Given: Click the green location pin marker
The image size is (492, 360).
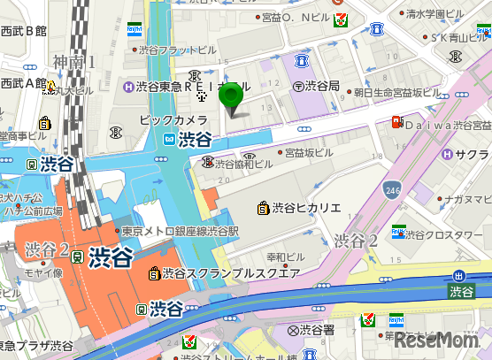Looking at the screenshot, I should (x=232, y=98).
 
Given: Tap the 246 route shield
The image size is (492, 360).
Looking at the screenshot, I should (x=393, y=188).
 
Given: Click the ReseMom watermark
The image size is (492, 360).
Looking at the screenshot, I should (x=442, y=341).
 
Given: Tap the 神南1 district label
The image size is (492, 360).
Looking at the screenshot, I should (x=73, y=62).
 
